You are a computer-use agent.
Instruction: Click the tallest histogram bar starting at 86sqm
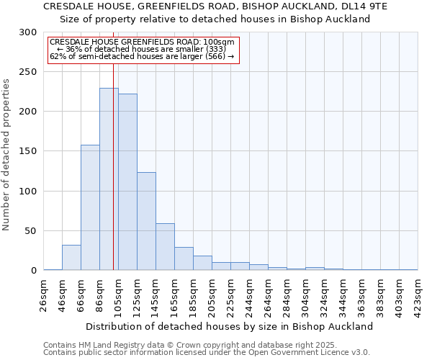[109, 180]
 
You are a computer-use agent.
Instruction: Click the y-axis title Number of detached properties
[6, 154]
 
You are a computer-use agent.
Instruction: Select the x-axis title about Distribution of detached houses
[230, 326]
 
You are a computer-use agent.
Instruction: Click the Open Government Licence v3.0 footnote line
[207, 353]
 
